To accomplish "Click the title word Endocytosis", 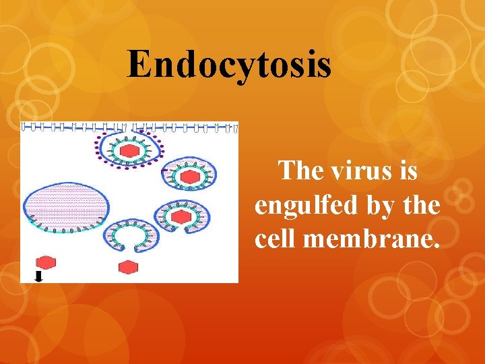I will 229,65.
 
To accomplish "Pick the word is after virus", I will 408,171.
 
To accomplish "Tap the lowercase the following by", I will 424,205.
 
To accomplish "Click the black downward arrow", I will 38,276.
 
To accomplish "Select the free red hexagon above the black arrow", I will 45,262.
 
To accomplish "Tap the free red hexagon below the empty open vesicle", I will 128,268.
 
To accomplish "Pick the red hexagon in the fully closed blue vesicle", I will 191,177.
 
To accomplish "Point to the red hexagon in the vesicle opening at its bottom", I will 181,217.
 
